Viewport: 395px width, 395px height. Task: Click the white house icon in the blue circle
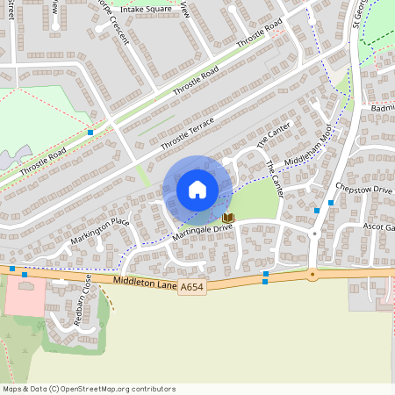[197, 189]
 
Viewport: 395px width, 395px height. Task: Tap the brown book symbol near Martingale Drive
[228, 217]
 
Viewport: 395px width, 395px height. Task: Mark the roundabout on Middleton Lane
[312, 274]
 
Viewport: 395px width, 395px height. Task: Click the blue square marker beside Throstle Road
[90, 132]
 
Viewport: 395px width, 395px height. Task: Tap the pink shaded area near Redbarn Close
[25, 299]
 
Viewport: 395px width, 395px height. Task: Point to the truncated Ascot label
[379, 226]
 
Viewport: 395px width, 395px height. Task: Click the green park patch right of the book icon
[255, 202]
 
